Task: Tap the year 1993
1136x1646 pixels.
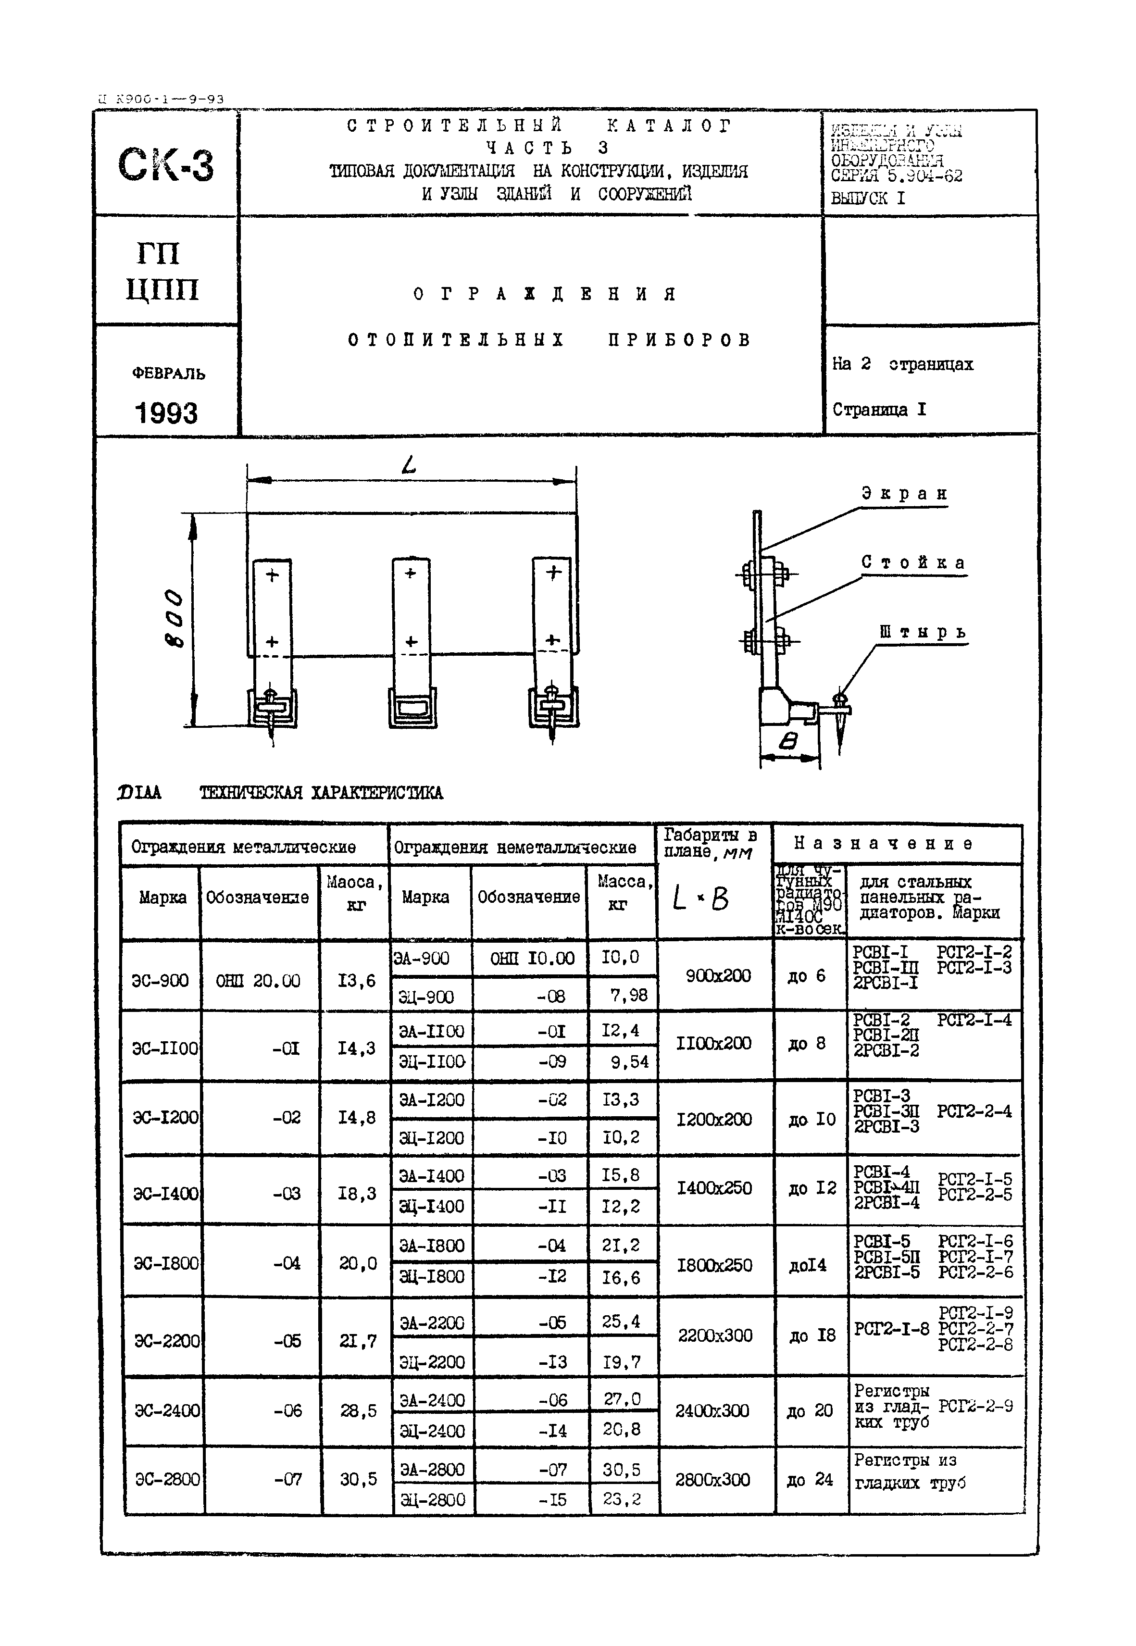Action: click(166, 413)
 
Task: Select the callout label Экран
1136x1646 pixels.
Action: click(905, 494)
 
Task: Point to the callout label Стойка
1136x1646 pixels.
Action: click(913, 562)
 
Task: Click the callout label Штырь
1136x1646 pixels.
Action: click(923, 632)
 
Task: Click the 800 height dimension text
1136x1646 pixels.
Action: click(174, 618)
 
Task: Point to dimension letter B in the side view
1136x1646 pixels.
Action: click(788, 742)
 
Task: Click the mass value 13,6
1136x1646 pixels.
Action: click(356, 981)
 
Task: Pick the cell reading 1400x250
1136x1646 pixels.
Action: click(714, 1188)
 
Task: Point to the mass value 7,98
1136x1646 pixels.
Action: click(628, 995)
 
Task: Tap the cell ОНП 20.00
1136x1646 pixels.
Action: click(258, 981)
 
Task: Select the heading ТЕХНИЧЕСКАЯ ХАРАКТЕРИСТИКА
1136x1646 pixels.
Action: click(321, 793)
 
